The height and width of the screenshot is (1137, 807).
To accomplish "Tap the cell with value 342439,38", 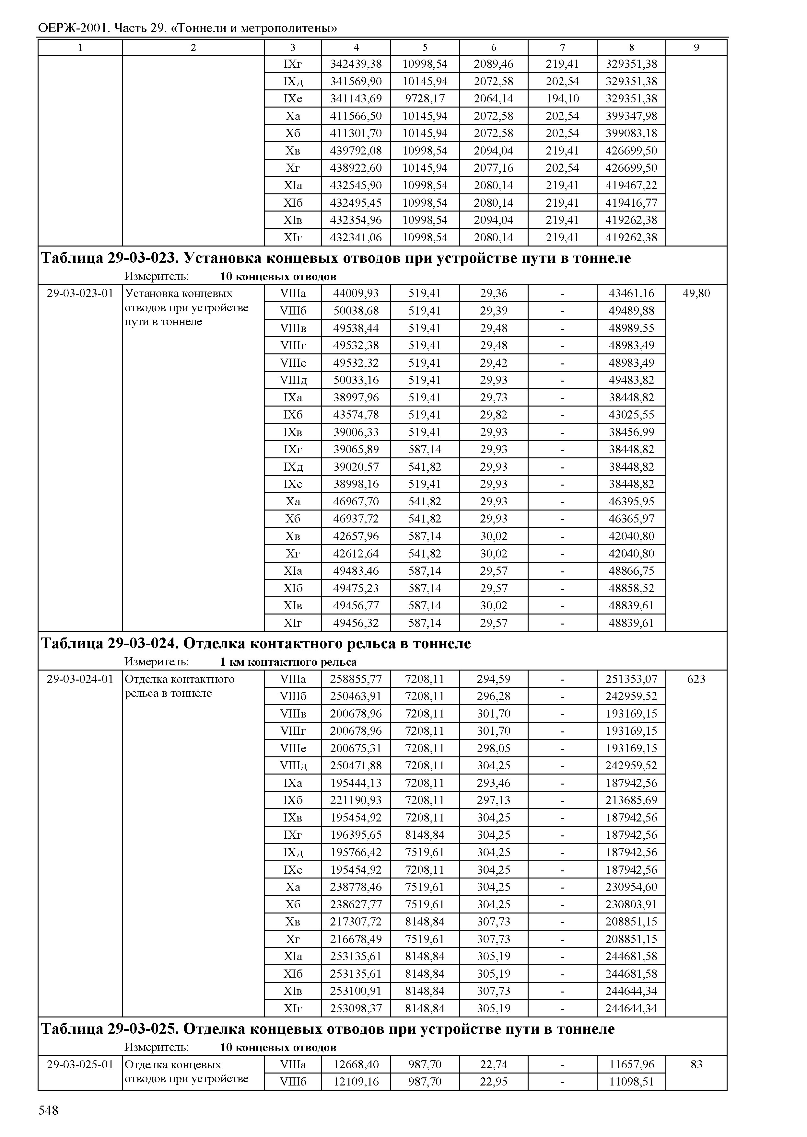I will point(356,63).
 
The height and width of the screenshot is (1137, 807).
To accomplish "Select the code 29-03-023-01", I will point(80,293).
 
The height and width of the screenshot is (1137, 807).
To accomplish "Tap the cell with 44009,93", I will point(356,293).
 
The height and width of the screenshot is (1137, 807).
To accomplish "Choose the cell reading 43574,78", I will point(356,415).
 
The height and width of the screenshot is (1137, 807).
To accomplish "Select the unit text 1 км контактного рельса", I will point(288,662).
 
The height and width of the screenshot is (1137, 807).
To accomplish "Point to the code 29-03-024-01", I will point(80,679).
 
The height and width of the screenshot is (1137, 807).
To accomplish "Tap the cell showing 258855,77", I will point(356,679).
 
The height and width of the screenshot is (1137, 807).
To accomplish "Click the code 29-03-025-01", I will point(80,1064).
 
